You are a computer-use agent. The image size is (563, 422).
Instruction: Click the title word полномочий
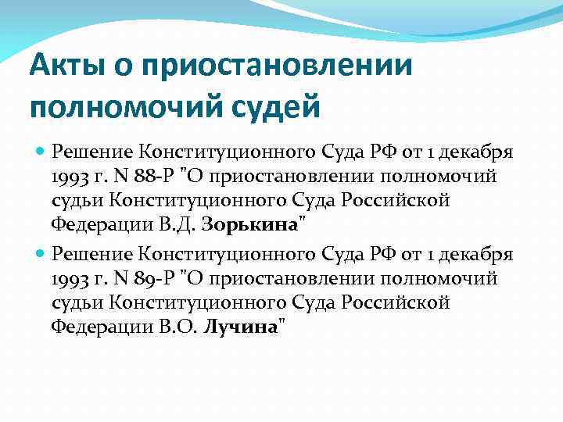click(120, 104)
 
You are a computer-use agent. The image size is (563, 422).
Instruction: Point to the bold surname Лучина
click(240, 327)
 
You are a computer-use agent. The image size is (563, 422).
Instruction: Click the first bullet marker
click(40, 150)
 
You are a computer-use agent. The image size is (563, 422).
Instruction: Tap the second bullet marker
click(40, 252)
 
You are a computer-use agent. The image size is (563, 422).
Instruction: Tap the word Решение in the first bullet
click(92, 150)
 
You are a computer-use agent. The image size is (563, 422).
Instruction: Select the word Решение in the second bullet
click(92, 252)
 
